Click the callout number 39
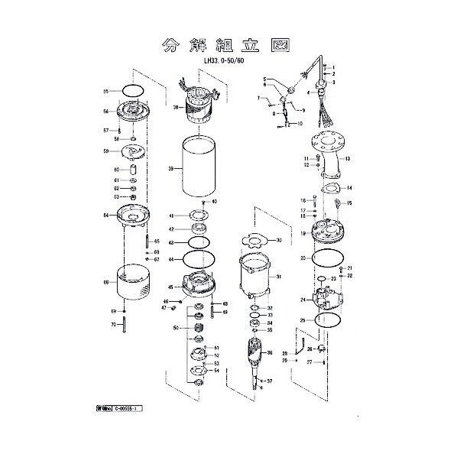click(173, 168)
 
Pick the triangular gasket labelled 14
click(329, 188)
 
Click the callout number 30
click(279, 240)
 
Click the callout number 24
click(302, 300)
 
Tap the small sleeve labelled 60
click(134, 170)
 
